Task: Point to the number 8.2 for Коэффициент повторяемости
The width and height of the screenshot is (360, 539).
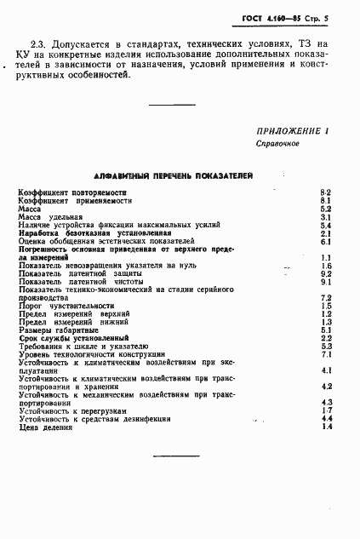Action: [325, 193]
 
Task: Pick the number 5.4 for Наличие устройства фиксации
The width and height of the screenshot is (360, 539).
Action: [325, 225]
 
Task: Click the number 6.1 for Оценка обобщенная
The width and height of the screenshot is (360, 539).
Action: [325, 241]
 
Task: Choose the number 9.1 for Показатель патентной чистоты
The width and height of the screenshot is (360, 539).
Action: [325, 281]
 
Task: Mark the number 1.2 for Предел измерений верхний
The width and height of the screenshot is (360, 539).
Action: [325, 313]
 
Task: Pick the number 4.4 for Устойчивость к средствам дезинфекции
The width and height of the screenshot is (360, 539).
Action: [325, 419]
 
